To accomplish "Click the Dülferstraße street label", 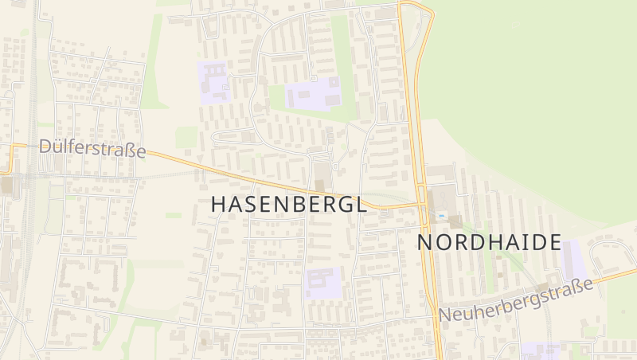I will (92, 149).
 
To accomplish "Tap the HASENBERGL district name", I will (289, 205).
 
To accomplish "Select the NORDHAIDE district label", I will (489, 243).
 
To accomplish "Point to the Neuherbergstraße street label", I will (517, 299).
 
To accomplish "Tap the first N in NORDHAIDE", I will (426, 243).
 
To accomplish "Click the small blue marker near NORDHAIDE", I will (441, 215).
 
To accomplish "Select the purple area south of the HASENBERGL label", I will (322, 284).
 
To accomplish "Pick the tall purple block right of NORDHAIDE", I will (573, 260).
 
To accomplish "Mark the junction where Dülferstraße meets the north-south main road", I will (420, 205).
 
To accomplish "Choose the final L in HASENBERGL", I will (361, 205).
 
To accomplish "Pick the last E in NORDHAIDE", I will (554, 243).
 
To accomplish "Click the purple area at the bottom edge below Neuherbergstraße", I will (541, 351).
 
